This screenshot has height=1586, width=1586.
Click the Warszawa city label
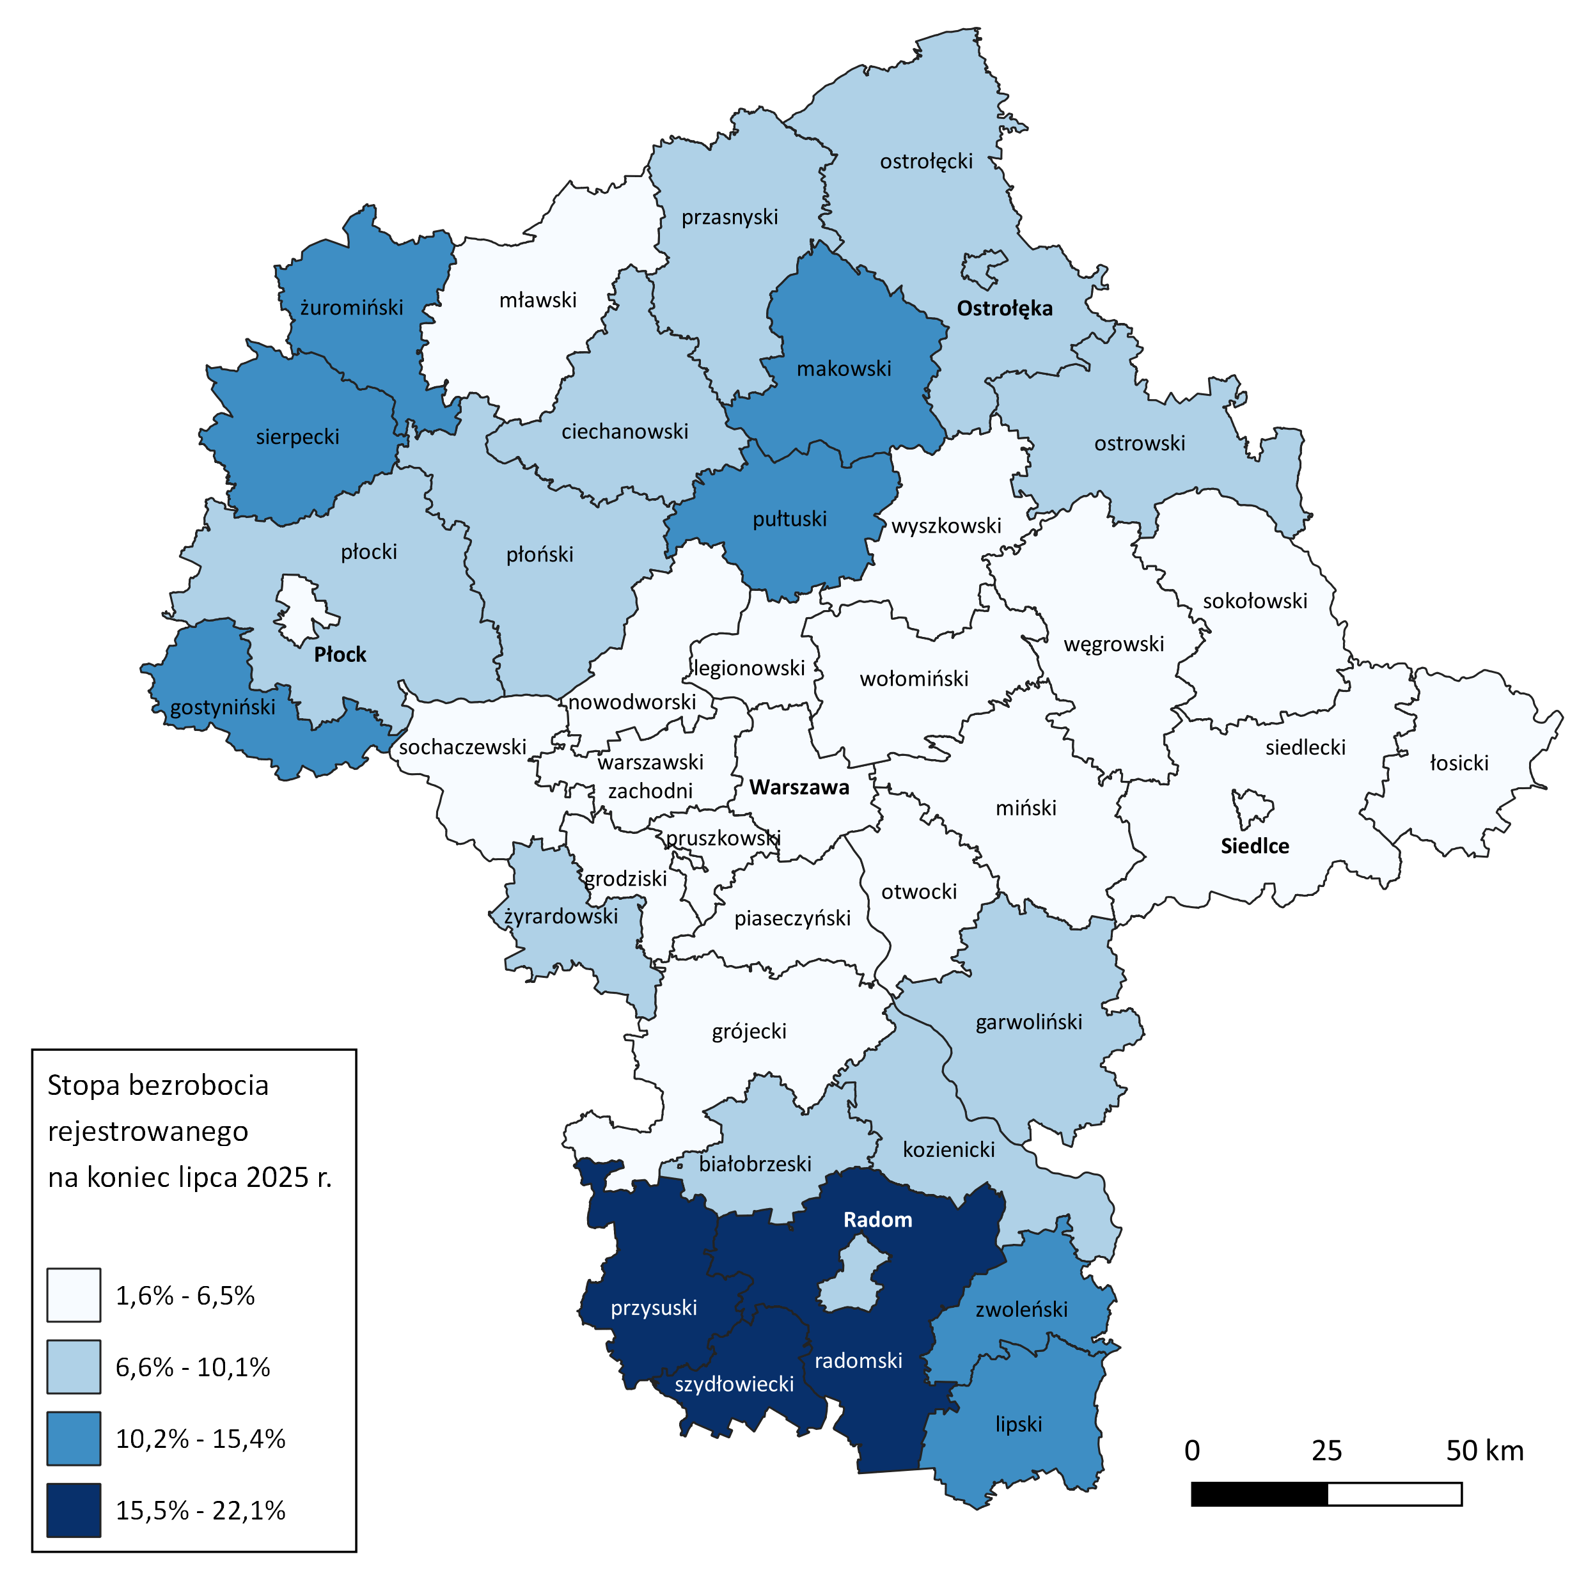click(799, 787)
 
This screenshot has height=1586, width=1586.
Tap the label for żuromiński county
click(351, 307)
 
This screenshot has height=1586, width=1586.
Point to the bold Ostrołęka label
click(1004, 309)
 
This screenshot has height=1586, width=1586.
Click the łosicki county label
click(1459, 763)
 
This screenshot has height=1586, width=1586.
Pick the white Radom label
click(877, 1219)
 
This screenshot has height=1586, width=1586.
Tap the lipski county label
click(1018, 1424)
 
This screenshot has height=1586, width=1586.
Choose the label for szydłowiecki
click(734, 1384)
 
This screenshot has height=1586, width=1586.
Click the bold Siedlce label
click(1254, 845)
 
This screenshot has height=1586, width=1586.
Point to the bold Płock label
click(340, 654)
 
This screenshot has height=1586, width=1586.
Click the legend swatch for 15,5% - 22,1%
click(74, 1510)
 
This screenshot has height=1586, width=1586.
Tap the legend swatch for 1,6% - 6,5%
click(74, 1294)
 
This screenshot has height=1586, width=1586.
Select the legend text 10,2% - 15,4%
click(200, 1438)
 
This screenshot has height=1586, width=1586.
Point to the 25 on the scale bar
click(1326, 1450)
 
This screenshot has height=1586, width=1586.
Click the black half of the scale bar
click(1259, 1493)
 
